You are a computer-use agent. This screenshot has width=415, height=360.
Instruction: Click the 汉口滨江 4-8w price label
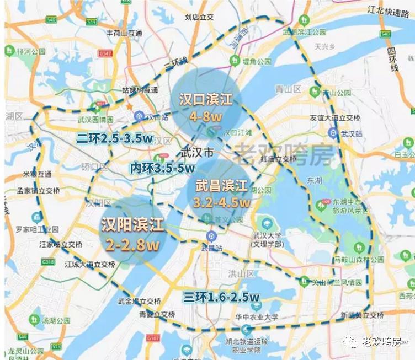(206, 108)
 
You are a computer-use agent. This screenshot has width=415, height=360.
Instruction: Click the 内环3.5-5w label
(162, 167)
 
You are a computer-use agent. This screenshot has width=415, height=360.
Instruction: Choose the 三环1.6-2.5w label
(221, 298)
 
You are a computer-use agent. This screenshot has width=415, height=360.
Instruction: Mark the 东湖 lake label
(315, 180)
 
